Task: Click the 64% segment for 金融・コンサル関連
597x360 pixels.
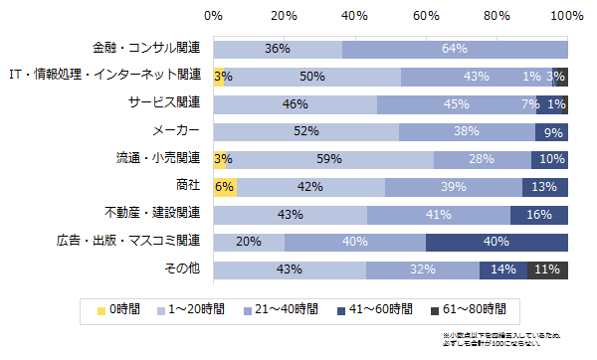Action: point(455,49)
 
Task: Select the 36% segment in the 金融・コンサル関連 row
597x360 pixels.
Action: point(278,49)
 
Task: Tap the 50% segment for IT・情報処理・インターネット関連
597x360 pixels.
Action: point(312,77)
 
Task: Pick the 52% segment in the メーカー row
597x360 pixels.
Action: point(305,131)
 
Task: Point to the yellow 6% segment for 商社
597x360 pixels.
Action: point(224,187)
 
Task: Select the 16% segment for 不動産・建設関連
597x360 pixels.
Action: point(538,215)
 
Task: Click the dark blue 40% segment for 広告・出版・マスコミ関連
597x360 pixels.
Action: point(497,242)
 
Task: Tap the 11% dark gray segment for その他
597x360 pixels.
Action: point(547,270)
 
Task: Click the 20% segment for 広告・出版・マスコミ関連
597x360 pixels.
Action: point(249,242)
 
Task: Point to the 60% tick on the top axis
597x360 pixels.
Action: point(426,16)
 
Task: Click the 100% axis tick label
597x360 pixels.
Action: point(566,16)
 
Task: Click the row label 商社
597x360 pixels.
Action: point(187,186)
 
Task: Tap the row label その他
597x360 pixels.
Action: point(182,269)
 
